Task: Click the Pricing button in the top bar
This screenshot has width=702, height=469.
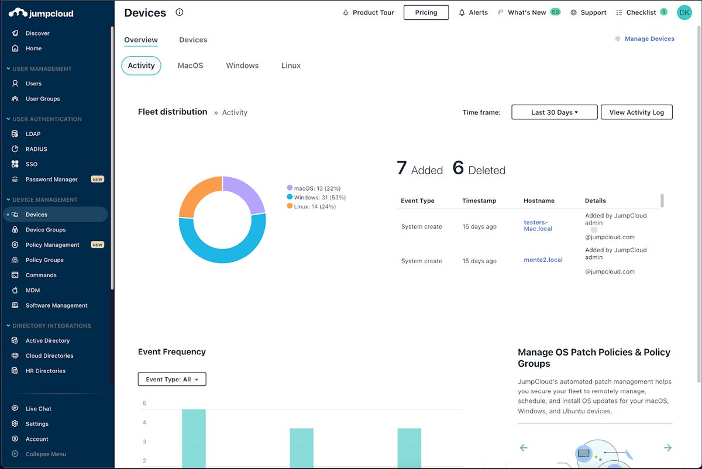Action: [x=426, y=12]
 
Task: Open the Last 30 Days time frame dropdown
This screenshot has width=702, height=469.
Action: [x=554, y=112]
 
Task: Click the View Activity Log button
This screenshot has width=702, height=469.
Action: [x=636, y=112]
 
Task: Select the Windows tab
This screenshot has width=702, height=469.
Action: [x=242, y=65]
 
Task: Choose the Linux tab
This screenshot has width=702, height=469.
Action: [x=291, y=65]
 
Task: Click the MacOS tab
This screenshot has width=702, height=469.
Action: [x=190, y=65]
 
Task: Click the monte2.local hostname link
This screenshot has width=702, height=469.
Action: [x=543, y=260]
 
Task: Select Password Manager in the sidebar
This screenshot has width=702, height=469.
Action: [x=51, y=180]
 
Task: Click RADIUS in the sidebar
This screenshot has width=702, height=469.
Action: [x=36, y=149]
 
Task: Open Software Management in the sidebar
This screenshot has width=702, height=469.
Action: [x=56, y=305]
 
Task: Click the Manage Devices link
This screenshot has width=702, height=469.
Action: [x=649, y=39]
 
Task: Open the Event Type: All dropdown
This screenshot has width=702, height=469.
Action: [x=172, y=380]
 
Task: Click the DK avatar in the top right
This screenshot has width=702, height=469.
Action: [x=684, y=12]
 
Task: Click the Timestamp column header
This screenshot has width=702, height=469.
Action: [x=479, y=201]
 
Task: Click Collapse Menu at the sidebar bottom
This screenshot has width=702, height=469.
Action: [x=46, y=454]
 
